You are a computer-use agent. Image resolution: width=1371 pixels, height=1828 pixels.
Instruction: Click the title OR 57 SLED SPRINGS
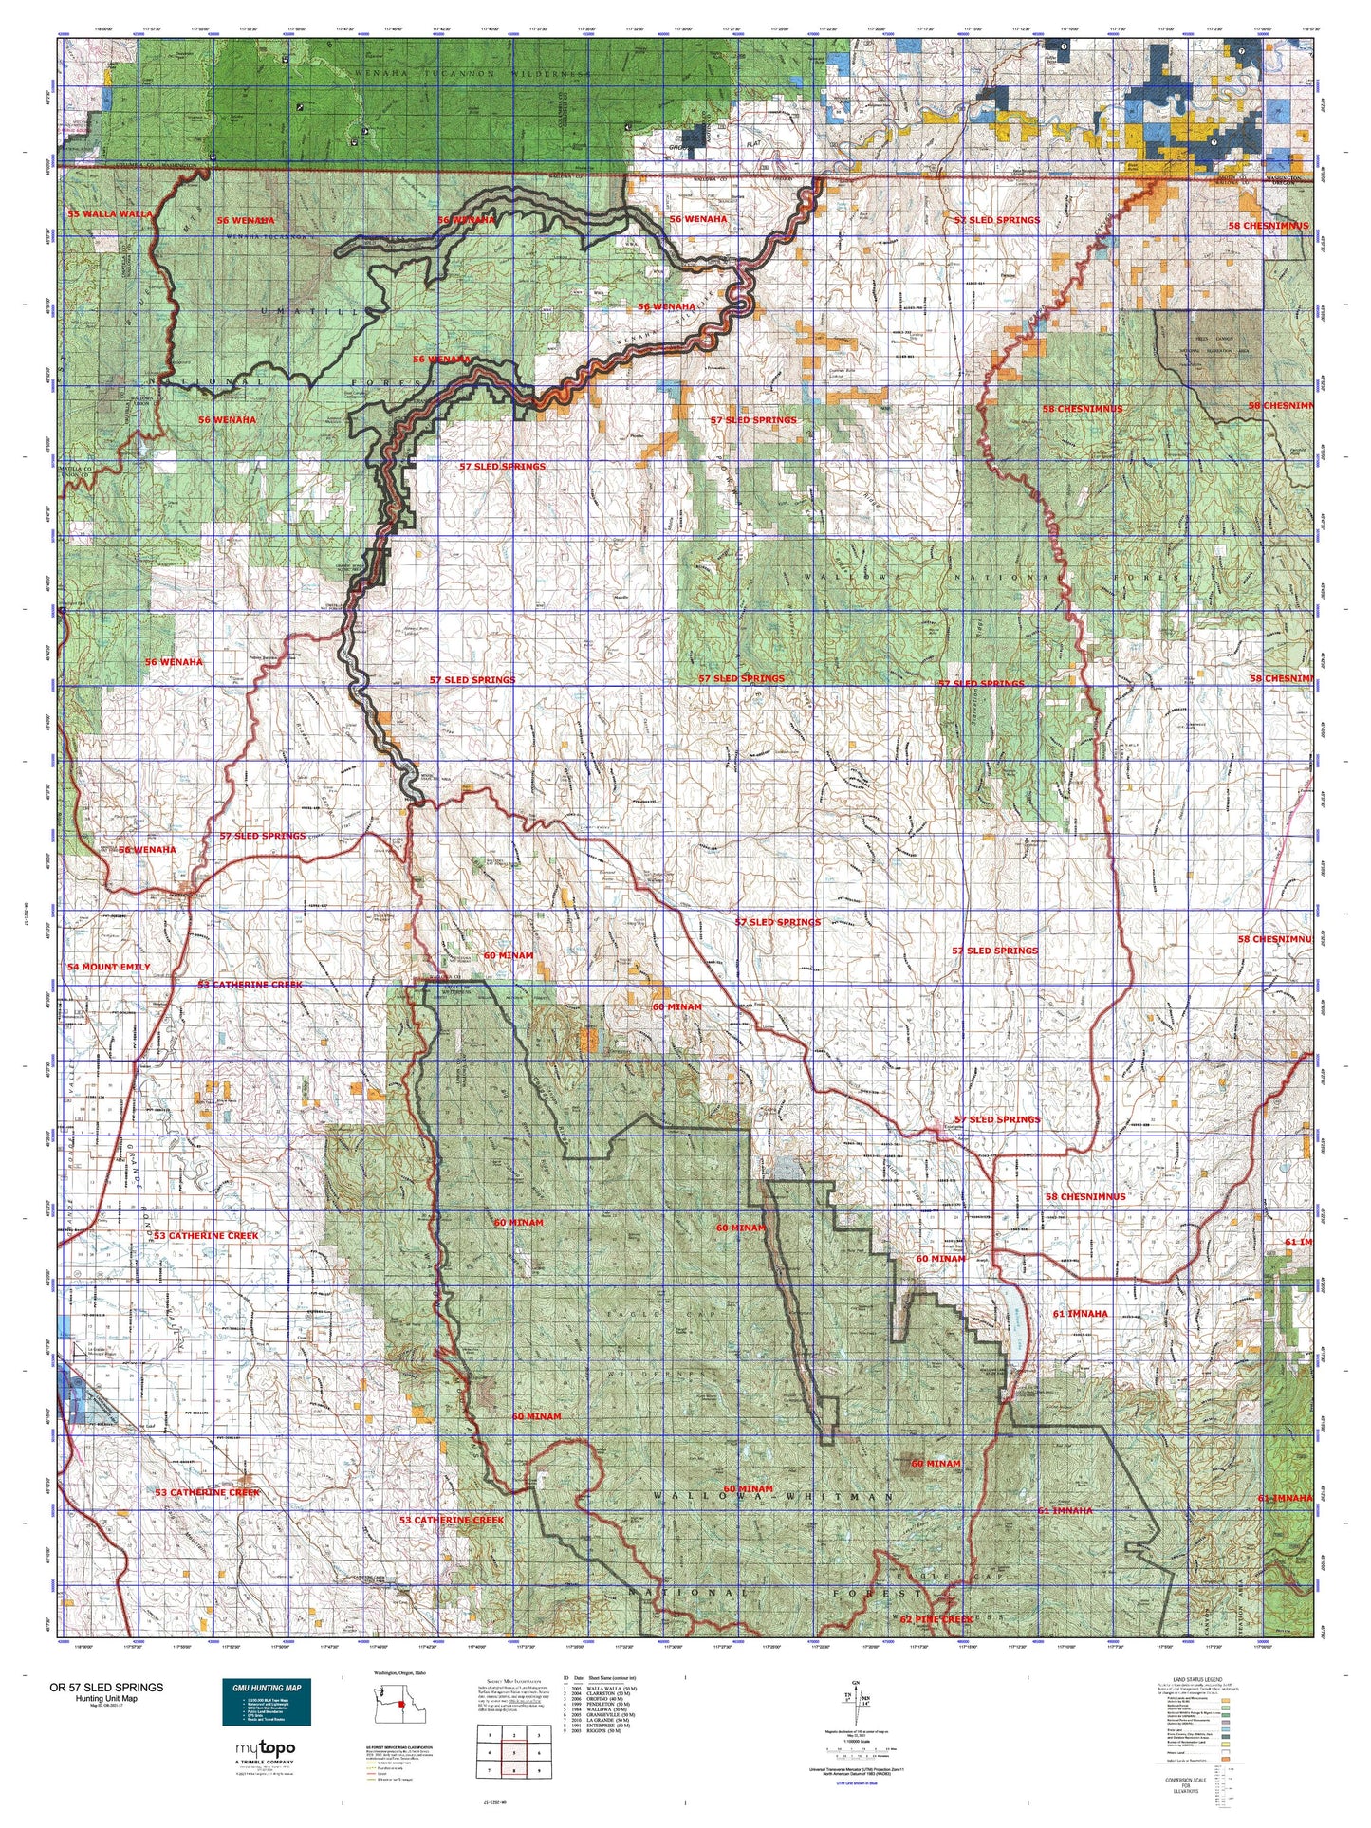point(106,1687)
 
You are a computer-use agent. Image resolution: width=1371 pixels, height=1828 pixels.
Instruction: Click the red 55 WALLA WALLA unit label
point(109,213)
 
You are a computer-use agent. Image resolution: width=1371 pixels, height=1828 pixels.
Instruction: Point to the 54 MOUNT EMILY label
point(108,966)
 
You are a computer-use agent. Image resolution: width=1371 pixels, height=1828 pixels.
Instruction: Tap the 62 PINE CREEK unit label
point(936,1618)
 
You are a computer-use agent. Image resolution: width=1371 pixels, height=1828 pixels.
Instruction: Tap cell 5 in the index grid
point(514,1753)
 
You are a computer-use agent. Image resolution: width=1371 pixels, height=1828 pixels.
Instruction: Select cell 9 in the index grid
point(539,1770)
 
